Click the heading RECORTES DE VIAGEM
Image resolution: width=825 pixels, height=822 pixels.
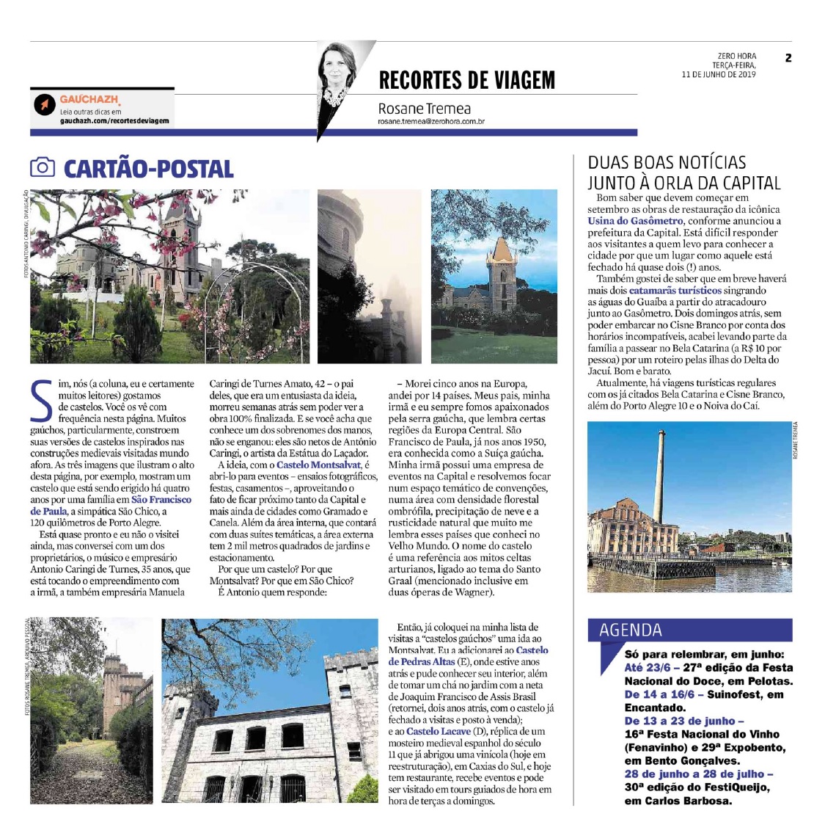pos(466,80)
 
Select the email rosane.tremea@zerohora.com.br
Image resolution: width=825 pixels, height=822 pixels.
pos(431,122)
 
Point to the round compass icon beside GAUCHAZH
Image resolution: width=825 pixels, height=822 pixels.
pos(45,105)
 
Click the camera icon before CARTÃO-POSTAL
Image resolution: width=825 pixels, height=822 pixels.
pos(43,167)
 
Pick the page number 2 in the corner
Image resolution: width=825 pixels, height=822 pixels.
pos(788,58)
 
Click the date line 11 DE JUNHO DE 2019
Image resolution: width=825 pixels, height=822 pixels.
pos(719,74)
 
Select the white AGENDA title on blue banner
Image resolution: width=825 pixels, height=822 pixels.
pos(631,630)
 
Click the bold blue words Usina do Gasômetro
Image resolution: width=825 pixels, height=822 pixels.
pos(635,220)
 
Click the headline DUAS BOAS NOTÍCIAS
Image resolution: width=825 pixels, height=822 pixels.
pos(667,163)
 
